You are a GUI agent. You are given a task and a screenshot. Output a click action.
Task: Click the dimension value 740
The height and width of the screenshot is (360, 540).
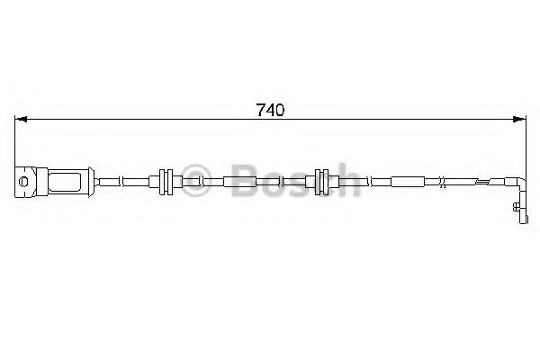(270, 112)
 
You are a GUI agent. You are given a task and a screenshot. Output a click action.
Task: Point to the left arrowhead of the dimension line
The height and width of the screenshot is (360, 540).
(22, 120)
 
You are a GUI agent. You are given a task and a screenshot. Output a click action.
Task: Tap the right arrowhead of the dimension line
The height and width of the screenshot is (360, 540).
(519, 120)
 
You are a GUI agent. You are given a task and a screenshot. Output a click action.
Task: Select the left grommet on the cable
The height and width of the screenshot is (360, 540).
(164, 181)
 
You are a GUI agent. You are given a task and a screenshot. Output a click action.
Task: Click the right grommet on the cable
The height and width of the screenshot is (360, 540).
(320, 181)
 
